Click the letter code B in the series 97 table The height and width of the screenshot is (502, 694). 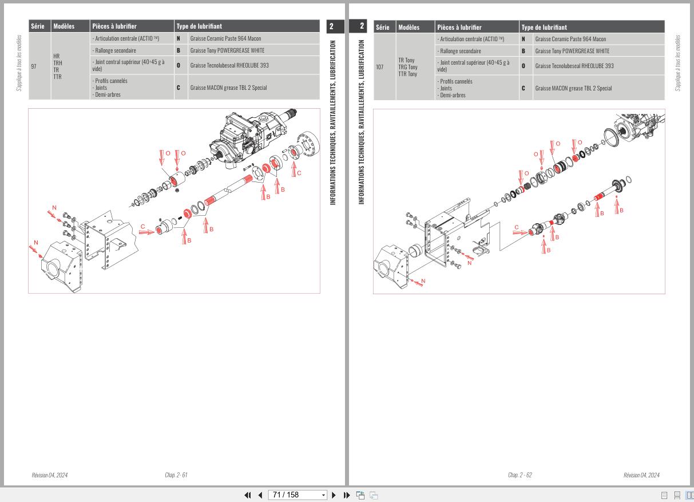click(179, 50)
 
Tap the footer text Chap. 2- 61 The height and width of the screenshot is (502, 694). click(176, 475)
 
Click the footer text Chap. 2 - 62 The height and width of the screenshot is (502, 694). click(519, 475)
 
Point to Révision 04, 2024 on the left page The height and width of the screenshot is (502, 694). click(49, 475)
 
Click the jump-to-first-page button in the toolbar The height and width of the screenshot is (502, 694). click(248, 495)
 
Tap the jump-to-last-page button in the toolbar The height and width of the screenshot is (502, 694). click(347, 495)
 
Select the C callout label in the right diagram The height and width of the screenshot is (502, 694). click(517, 227)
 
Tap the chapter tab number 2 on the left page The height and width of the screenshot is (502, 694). click(332, 26)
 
